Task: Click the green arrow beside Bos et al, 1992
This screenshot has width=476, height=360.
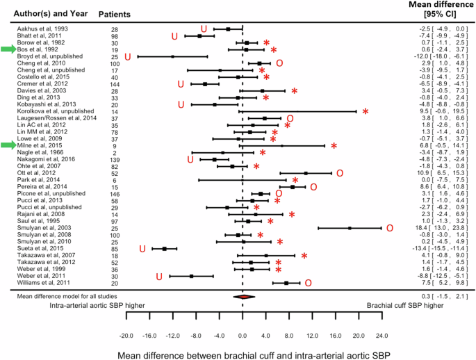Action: (x=8, y=49)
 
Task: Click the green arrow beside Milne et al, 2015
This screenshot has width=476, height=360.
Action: (x=8, y=145)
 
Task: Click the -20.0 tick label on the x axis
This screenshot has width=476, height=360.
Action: (x=126, y=335)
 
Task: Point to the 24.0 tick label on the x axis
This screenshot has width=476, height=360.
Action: (x=381, y=335)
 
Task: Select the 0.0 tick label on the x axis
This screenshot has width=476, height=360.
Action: (x=243, y=335)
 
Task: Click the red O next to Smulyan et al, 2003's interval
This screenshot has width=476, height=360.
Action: (x=390, y=228)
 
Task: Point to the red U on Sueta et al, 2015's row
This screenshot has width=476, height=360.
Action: (x=143, y=248)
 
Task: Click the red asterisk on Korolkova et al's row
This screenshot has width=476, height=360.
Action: (x=366, y=111)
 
